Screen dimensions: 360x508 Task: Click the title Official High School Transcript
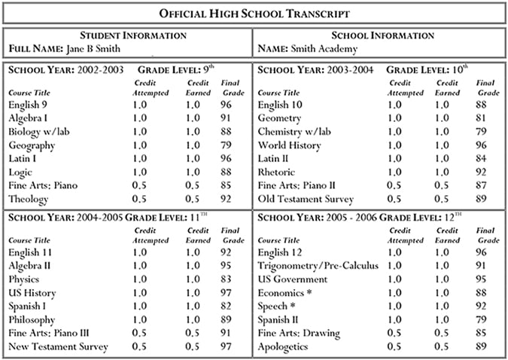tap(254, 13)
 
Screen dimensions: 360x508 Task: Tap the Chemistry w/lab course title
tap(294, 132)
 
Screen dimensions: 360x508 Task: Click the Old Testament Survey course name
tap(305, 200)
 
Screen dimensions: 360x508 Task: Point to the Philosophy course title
tap(33, 319)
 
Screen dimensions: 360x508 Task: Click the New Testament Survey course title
tap(58, 346)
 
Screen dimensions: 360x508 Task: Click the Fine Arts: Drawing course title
tap(299, 333)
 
